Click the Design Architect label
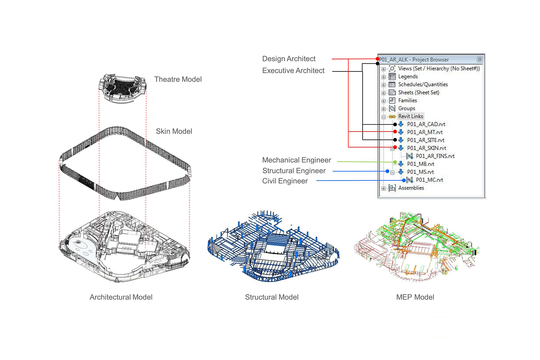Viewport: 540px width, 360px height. (289, 59)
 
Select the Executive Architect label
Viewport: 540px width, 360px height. (293, 71)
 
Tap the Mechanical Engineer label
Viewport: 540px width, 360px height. (297, 160)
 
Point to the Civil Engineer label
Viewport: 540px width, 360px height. (285, 181)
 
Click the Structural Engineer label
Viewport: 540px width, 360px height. (294, 171)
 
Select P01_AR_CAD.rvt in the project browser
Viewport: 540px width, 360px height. (426, 124)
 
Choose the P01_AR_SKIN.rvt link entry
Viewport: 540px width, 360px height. (426, 148)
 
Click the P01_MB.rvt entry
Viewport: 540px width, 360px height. (420, 164)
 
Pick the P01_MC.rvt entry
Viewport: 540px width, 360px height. (429, 180)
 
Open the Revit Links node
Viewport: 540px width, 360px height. (410, 116)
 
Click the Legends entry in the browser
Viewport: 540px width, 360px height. (408, 77)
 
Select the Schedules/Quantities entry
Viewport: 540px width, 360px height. (423, 84)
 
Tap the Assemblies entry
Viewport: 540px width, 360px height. (411, 188)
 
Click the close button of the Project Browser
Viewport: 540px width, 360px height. (479, 60)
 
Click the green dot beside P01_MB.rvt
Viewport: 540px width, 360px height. (395, 162)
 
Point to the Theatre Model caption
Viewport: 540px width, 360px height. (178, 79)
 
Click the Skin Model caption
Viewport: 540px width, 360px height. (174, 131)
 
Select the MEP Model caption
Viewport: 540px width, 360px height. (415, 297)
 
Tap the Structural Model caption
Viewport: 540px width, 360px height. (272, 297)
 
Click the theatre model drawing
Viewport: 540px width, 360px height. (122, 88)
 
